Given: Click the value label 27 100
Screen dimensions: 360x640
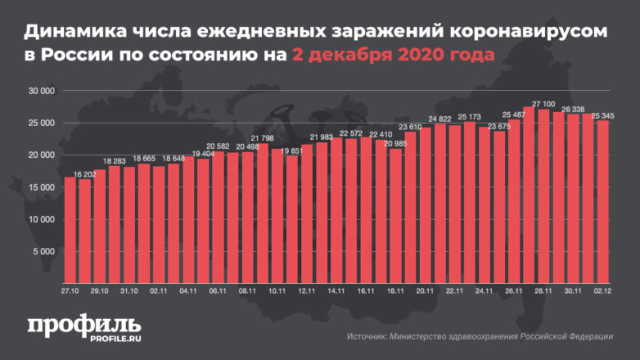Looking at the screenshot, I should [543, 104].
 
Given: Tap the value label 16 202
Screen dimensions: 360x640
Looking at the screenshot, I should [83, 174].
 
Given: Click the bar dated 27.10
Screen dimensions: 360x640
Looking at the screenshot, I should [70, 230].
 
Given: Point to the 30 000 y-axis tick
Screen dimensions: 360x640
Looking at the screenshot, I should [40, 91].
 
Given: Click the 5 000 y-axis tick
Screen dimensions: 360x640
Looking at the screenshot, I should [43, 251].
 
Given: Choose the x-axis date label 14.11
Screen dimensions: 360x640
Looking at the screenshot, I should [335, 290].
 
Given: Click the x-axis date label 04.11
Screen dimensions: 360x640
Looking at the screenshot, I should [188, 290].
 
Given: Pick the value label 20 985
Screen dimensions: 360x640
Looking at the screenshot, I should [395, 143].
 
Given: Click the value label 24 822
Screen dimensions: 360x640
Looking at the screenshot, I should [439, 119].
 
